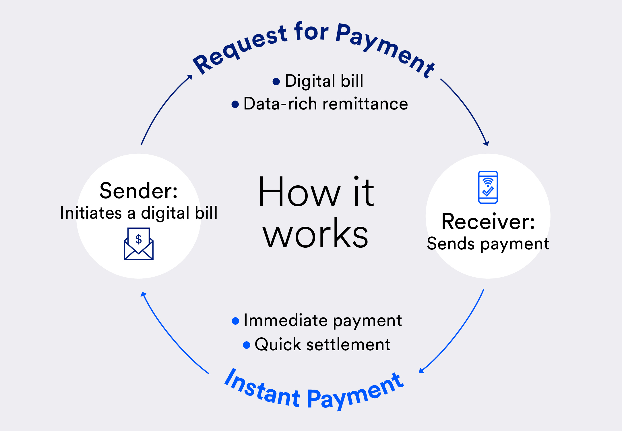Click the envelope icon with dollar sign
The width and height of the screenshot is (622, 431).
click(x=139, y=244)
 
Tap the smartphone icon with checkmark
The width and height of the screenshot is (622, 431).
click(x=488, y=187)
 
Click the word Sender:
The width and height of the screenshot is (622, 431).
click(x=139, y=191)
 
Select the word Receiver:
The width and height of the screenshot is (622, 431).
click(x=488, y=222)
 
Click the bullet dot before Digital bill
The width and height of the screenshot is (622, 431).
click(x=276, y=82)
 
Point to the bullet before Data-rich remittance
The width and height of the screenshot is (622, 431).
click(x=235, y=104)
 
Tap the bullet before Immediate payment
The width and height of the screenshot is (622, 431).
click(x=235, y=321)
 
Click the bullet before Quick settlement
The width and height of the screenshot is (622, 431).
click(x=247, y=345)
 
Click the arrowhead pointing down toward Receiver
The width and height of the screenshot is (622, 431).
click(x=486, y=143)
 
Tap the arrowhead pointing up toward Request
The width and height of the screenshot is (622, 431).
click(x=189, y=77)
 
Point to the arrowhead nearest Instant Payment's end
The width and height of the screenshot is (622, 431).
click(x=422, y=370)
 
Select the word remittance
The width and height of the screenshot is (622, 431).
click(x=365, y=104)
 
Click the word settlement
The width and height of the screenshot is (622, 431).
click(x=348, y=344)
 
